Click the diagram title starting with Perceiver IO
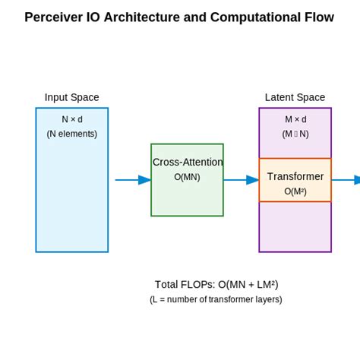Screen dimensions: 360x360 click(179, 17)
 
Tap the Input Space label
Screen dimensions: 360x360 click(71, 97)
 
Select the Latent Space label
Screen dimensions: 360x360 click(295, 97)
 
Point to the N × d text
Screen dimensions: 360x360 click(71, 119)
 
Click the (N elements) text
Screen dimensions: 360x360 click(71, 134)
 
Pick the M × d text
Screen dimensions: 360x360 click(295, 119)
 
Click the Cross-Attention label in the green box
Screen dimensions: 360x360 click(188, 162)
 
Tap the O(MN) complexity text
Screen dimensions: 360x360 click(187, 177)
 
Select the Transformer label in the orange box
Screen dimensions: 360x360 click(295, 176)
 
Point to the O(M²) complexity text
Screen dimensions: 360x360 click(295, 191)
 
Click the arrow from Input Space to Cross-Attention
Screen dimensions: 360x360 click(133, 180)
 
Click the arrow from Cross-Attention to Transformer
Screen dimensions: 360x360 click(241, 180)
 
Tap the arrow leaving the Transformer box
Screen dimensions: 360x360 click(346, 180)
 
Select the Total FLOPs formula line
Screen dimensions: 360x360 click(216, 285)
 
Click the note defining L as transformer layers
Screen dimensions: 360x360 click(216, 299)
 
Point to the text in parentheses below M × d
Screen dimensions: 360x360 click(295, 134)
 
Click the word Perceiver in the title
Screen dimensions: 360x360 click(55, 17)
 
